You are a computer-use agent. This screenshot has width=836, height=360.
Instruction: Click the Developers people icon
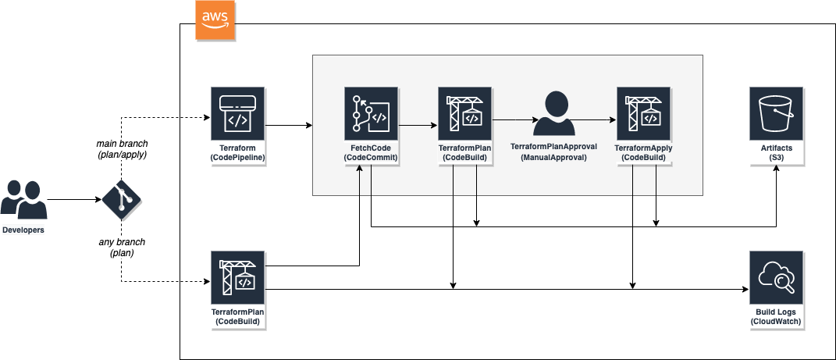[23, 200]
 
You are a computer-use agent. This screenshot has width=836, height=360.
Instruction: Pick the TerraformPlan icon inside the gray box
[465, 113]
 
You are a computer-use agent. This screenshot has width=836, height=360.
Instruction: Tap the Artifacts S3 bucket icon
[776, 113]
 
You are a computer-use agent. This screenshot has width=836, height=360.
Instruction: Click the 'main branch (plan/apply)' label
[122, 149]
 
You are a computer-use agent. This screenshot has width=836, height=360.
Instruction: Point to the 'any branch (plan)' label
[122, 248]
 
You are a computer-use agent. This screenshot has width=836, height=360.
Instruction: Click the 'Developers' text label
[23, 230]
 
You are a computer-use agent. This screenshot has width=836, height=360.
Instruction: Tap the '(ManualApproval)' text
[553, 158]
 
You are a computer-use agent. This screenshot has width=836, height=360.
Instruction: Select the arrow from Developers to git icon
[74, 200]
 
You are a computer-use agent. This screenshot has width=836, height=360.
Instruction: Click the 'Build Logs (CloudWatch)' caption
[775, 316]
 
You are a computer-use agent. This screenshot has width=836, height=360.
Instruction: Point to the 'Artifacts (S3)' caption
[775, 152]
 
